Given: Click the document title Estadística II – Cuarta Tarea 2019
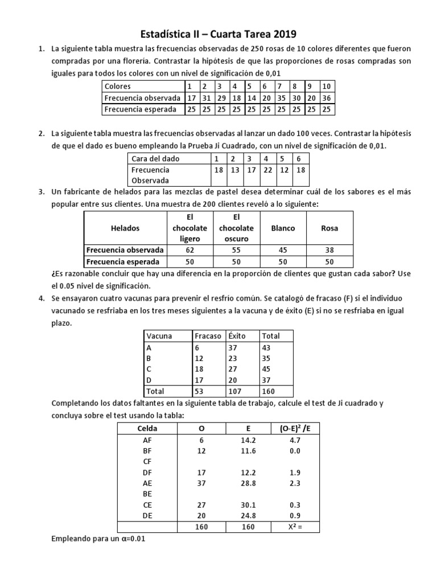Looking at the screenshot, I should click(x=218, y=34).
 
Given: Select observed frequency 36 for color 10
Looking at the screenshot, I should click(x=327, y=97).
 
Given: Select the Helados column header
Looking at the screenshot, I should click(x=125, y=228).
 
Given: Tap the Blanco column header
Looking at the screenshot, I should click(x=283, y=228).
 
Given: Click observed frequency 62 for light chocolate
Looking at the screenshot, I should click(x=189, y=250).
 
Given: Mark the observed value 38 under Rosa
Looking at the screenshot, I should click(x=329, y=250).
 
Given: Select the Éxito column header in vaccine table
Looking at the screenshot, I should click(x=237, y=336).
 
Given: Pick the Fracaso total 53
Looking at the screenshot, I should click(x=199, y=391).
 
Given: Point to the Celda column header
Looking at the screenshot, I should click(x=147, y=428).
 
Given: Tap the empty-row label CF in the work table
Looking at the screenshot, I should click(x=147, y=462).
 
